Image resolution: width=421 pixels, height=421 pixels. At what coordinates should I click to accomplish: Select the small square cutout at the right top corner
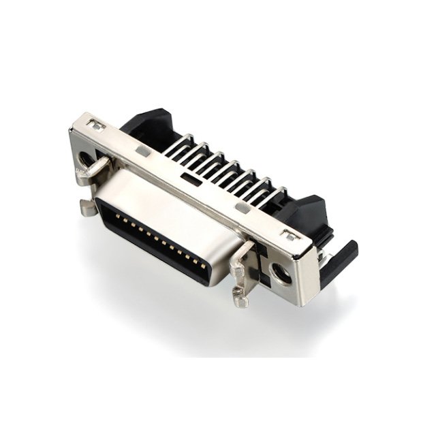(x=291, y=236)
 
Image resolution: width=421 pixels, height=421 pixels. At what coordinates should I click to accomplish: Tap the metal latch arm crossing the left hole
(x=95, y=170)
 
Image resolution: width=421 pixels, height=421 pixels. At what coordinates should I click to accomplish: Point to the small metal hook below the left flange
(x=88, y=207)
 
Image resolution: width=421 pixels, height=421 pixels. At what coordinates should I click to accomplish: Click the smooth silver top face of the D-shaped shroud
(x=170, y=204)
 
